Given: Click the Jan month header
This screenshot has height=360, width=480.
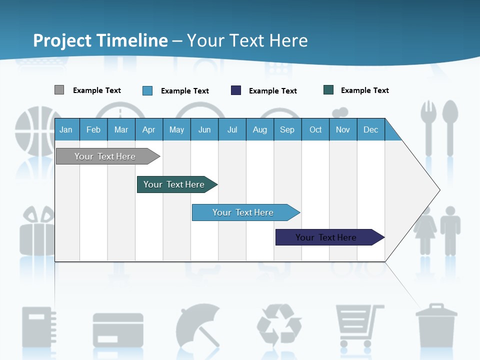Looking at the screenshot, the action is point(66,130).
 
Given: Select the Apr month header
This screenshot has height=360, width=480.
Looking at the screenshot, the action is point(148,130).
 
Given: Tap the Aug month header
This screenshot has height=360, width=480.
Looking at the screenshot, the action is point(259,130).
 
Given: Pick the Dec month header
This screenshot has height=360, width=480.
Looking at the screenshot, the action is point(370,130).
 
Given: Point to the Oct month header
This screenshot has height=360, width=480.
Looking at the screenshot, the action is point(315,130).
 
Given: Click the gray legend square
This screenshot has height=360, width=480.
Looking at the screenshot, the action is point(59,90).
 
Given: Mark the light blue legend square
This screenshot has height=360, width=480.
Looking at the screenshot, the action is point(147,90).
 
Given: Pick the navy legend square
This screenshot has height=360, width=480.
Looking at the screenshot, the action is point(236,90).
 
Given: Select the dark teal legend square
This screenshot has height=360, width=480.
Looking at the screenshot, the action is point(328,90).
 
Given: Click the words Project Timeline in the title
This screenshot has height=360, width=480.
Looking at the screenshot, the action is point(100,40).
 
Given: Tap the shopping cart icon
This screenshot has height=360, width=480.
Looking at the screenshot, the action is point(358,325).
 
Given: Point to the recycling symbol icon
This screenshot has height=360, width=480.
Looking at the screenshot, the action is point(279,324).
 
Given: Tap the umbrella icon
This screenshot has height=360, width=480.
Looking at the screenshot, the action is point(198,325).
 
